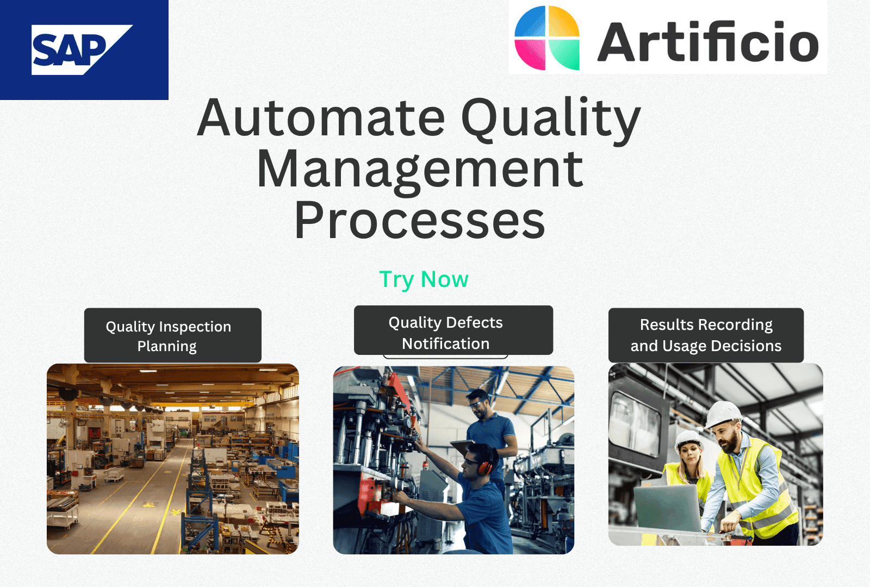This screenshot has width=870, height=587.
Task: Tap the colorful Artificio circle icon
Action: click(x=547, y=38)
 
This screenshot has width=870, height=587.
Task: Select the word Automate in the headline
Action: click(x=321, y=118)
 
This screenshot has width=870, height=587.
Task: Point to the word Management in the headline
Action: click(x=420, y=170)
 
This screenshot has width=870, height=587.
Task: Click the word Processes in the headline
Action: click(x=420, y=221)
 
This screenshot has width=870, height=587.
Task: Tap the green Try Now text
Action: click(x=424, y=279)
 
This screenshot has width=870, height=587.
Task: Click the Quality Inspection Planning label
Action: click(x=172, y=335)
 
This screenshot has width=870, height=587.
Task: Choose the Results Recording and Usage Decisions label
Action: click(x=706, y=335)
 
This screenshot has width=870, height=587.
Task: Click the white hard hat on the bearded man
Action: click(x=723, y=414)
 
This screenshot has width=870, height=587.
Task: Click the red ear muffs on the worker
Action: click(x=485, y=466)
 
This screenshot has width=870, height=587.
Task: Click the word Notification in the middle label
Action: click(x=445, y=344)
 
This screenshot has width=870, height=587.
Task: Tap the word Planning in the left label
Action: click(x=167, y=346)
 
